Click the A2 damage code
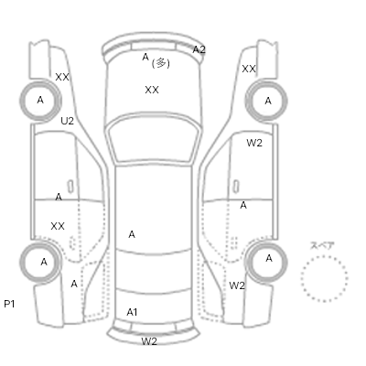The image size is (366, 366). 199,49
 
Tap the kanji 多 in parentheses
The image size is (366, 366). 161,63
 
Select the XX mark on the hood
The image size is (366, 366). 152,90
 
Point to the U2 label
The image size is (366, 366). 67,121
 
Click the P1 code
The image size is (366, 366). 9,304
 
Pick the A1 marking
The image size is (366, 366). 132,312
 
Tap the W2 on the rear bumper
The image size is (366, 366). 149,341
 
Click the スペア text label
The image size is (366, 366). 322,245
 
